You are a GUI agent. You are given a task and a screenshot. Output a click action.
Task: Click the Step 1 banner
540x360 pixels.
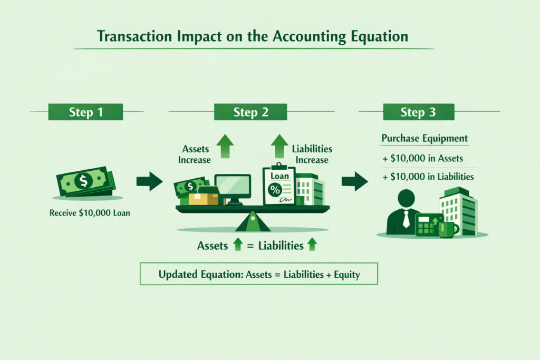[85, 112]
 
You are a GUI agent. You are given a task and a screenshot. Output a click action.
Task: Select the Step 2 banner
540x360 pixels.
[250, 112]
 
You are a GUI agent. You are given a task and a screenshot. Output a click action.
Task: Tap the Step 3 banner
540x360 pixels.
[418, 112]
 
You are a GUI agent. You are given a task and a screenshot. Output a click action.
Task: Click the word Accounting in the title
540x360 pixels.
[309, 36]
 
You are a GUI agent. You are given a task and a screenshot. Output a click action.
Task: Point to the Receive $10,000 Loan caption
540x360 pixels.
[90, 213]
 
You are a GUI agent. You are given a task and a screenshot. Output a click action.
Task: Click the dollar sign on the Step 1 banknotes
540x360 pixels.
[83, 180]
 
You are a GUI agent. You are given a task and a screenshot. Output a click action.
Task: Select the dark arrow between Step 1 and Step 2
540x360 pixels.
[149, 181]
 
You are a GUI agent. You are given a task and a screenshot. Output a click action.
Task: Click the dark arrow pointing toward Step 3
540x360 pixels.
[355, 181]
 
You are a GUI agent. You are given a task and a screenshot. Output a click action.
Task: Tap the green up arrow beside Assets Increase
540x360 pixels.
[225, 146]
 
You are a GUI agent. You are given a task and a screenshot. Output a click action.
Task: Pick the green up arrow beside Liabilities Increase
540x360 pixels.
[279, 146]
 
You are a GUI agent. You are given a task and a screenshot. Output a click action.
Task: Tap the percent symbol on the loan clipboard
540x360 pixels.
[275, 190]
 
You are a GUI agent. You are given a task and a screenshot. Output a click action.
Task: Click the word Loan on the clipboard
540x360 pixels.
[279, 176]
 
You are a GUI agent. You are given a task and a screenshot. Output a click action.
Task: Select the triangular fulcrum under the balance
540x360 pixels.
[253, 222]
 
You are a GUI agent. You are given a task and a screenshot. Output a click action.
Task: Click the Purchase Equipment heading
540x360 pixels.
[425, 138]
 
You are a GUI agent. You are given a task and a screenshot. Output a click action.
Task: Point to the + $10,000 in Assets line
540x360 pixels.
[422, 158]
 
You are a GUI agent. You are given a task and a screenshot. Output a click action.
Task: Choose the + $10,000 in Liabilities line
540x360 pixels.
[428, 177]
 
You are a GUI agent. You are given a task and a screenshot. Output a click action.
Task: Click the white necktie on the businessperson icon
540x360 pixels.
[407, 219]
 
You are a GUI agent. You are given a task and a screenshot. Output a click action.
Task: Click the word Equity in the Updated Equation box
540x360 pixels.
[347, 275]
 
